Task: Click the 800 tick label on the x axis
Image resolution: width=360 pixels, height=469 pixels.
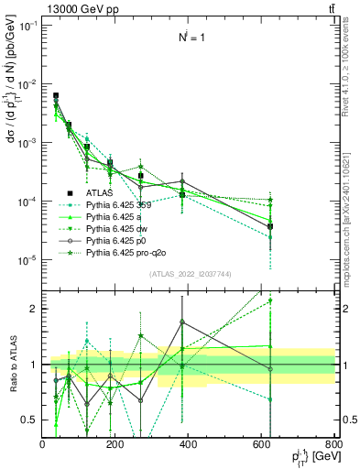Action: tap(333, 444)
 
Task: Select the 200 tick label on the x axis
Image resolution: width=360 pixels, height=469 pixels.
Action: tap(115, 444)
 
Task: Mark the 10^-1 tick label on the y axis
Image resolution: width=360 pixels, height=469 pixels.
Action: tap(27, 26)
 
